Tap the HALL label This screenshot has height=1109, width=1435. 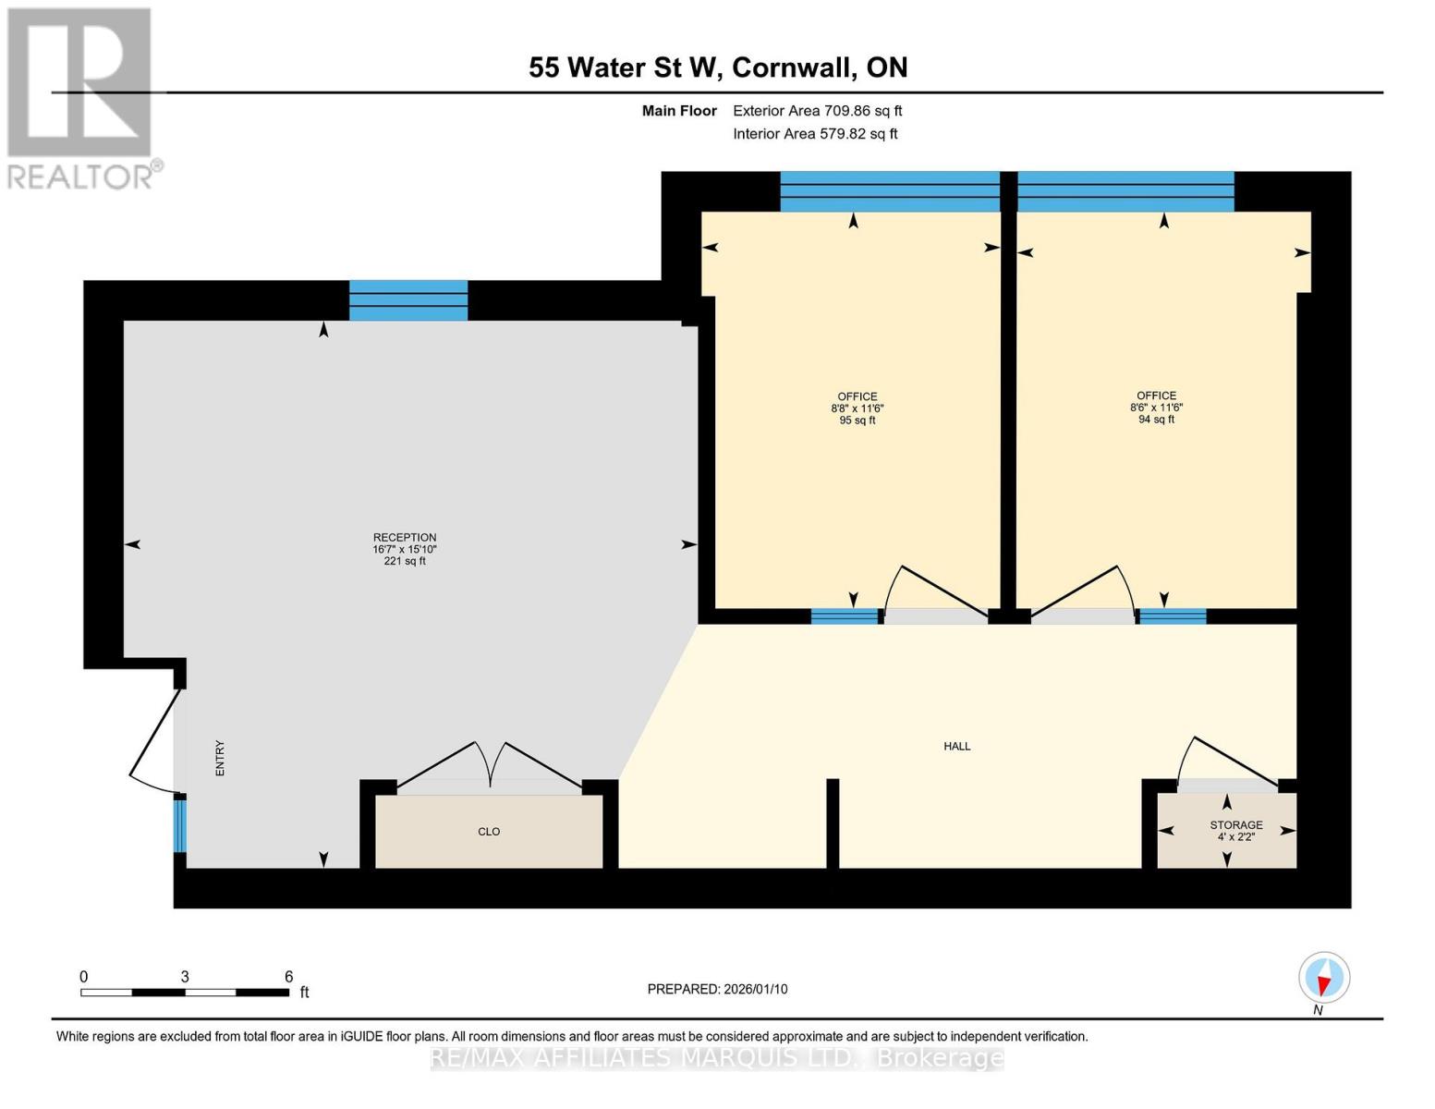(956, 746)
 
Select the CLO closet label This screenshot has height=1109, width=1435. (489, 832)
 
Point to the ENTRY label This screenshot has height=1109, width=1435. (220, 758)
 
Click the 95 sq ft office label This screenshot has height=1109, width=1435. (857, 408)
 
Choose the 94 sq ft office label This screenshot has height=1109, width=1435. (1156, 408)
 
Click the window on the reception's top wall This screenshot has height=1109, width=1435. (407, 300)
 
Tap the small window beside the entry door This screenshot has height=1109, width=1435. (180, 825)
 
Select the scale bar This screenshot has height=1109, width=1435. (185, 993)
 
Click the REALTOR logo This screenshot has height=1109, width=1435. (81, 97)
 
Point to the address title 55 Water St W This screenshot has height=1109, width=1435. (717, 67)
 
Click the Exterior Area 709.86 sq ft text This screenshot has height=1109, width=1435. (817, 111)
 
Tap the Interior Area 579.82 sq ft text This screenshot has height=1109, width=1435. (815, 134)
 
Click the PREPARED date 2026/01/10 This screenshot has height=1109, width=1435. (717, 989)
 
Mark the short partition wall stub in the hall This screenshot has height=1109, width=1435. (832, 823)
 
